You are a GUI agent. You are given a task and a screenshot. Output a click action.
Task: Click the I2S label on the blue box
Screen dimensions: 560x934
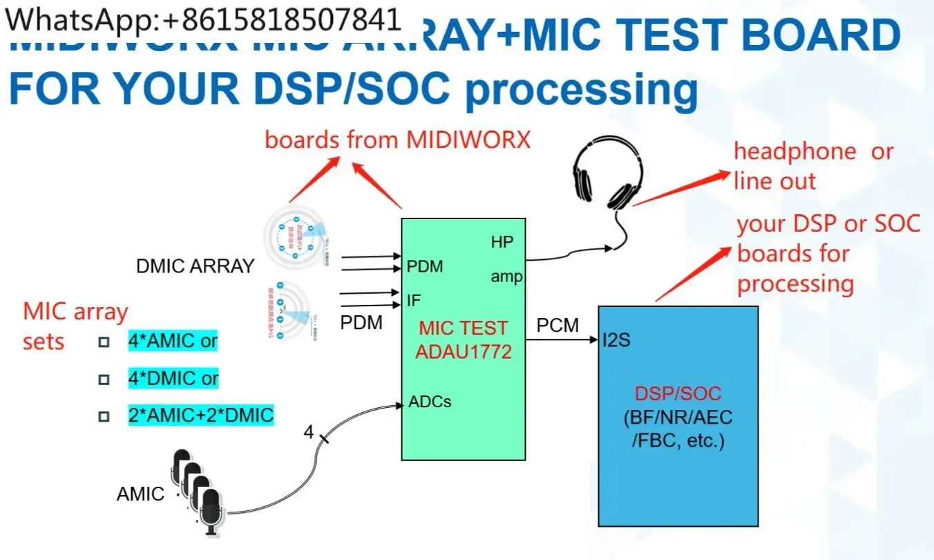[x=616, y=340]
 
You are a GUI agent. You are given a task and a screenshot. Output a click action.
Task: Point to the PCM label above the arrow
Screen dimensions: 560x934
[x=557, y=325]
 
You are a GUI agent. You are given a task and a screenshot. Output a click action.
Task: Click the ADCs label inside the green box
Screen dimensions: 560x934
[x=430, y=401]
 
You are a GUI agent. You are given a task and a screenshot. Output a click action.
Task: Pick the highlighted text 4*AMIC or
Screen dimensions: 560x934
[x=173, y=341]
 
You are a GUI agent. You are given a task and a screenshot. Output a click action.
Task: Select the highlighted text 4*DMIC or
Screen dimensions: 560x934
[x=173, y=378]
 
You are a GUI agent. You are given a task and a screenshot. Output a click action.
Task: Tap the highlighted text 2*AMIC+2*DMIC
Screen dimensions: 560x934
[x=200, y=415]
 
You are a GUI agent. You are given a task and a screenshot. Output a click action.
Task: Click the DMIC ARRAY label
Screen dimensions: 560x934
[x=196, y=266]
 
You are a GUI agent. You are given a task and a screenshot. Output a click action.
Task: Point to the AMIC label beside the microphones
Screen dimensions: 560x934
[x=140, y=494]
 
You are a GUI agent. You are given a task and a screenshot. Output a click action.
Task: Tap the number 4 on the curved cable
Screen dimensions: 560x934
[x=309, y=433]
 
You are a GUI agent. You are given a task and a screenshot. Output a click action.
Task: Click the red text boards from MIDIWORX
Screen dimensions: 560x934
[x=397, y=140]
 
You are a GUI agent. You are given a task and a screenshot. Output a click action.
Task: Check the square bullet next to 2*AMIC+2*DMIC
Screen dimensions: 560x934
[x=104, y=416]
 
